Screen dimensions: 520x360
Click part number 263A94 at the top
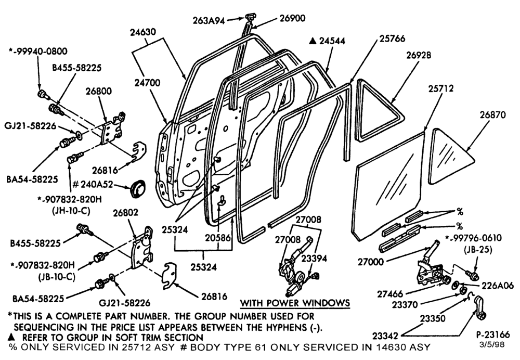(209, 21)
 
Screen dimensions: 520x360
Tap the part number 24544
(332, 41)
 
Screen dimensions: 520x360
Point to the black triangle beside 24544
(312, 41)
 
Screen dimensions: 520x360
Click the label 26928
(419, 55)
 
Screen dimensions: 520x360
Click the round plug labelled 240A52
(137, 189)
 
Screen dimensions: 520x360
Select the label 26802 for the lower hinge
(125, 213)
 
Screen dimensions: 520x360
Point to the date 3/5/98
(492, 345)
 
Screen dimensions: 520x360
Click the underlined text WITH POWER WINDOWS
(295, 303)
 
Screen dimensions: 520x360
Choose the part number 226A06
(498, 285)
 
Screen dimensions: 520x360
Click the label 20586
(217, 238)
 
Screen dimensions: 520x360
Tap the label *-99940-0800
(38, 51)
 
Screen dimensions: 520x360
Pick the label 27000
(370, 262)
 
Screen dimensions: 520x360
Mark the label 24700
(147, 83)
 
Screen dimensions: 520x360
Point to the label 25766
(392, 38)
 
